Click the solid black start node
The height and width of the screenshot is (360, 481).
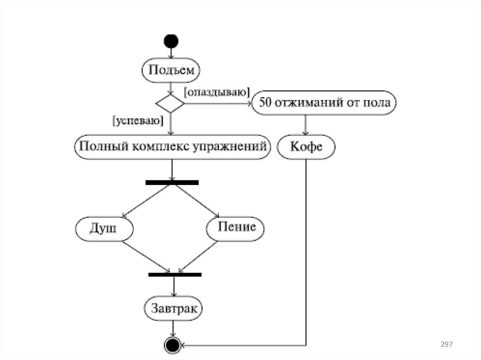coord(171,41)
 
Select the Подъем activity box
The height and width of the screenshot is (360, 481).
coord(171,70)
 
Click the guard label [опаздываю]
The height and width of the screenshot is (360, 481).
coord(217,92)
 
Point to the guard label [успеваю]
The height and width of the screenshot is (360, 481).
coord(137,121)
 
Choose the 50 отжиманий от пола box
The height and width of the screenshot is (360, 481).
coord(325,103)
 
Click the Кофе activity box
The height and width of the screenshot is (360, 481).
coord(306,147)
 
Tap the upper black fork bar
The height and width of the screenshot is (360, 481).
coord(172,182)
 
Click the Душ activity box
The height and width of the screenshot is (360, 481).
coord(104,229)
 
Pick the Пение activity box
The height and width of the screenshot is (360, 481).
coord(236,228)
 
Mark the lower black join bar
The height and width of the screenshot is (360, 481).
coord(175,275)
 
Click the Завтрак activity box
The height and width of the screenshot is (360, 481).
coord(174,308)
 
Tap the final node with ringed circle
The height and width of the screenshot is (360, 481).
coord(172,345)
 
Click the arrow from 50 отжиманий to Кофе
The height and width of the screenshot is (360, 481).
coord(306,125)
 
